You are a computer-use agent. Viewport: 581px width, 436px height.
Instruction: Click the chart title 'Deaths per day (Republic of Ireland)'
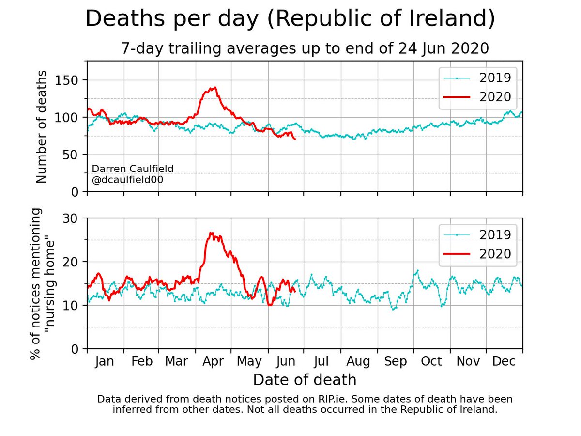click(x=290, y=18)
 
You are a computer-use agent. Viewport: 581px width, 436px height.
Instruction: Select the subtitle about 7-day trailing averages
click(x=305, y=48)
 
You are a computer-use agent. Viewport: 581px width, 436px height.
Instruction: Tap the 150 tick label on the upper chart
click(x=67, y=80)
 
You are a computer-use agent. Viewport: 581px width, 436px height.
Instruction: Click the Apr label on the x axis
click(x=213, y=361)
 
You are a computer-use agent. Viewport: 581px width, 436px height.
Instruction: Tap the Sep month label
click(x=396, y=361)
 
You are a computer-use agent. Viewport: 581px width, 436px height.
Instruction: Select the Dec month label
click(x=504, y=361)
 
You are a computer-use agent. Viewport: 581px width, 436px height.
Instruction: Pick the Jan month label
click(x=105, y=361)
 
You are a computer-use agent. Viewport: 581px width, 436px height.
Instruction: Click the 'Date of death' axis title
click(x=305, y=380)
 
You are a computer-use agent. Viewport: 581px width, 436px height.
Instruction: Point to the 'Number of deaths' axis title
click(x=41, y=127)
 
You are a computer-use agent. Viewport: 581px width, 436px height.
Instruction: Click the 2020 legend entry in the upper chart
click(x=477, y=97)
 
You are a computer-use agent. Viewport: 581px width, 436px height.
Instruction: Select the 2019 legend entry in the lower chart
click(x=477, y=235)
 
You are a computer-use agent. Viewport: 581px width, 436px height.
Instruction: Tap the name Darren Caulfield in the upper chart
click(x=132, y=169)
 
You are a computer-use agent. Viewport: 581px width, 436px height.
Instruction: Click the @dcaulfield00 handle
click(x=127, y=180)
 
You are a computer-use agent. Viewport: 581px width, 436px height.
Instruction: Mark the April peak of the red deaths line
click(x=215, y=87)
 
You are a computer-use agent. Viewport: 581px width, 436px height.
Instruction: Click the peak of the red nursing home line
click(x=211, y=233)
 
